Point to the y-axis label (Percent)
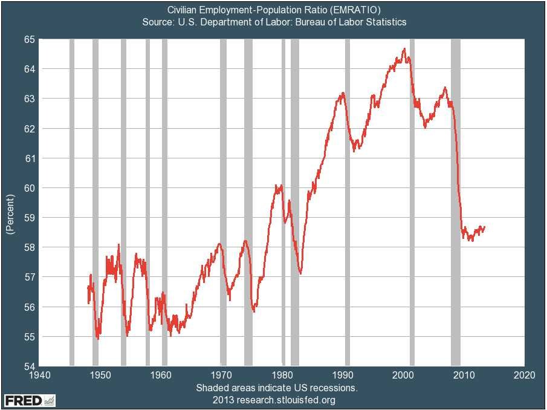[9, 215]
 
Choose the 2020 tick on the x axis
[524, 375]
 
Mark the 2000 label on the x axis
[403, 375]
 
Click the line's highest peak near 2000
[404, 49]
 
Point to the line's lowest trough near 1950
[98, 339]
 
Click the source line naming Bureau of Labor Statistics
[273, 22]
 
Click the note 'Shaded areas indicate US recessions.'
[277, 387]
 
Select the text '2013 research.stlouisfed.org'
[274, 400]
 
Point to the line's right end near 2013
[484, 227]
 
